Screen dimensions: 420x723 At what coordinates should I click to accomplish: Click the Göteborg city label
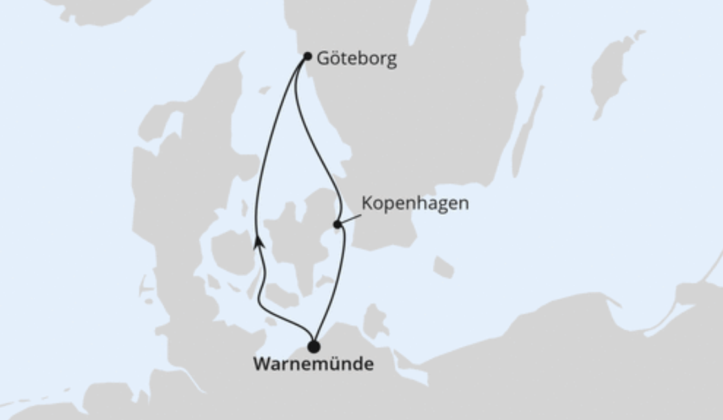356,59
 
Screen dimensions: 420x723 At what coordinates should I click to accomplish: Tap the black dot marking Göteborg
308,56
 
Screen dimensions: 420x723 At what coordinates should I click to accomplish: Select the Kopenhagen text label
415,203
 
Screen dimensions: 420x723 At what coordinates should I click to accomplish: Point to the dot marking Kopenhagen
337,225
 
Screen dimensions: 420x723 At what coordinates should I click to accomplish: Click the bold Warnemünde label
313,364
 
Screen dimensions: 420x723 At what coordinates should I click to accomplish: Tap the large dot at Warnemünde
313,347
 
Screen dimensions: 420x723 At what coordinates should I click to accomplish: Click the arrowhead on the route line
259,242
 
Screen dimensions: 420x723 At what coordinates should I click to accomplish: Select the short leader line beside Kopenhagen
349,219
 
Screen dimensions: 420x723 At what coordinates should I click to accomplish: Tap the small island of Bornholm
443,266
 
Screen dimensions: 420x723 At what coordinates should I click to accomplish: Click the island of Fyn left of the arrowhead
231,252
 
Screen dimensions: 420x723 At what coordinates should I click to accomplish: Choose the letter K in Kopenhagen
367,203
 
